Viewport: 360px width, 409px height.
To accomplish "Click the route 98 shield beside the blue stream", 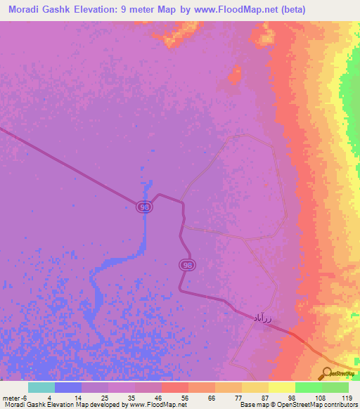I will click(143, 207).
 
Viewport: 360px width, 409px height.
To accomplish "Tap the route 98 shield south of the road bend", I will click(186, 265).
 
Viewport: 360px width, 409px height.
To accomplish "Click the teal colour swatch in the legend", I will click(41, 387).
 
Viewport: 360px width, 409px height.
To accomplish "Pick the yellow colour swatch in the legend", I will click(282, 387).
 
